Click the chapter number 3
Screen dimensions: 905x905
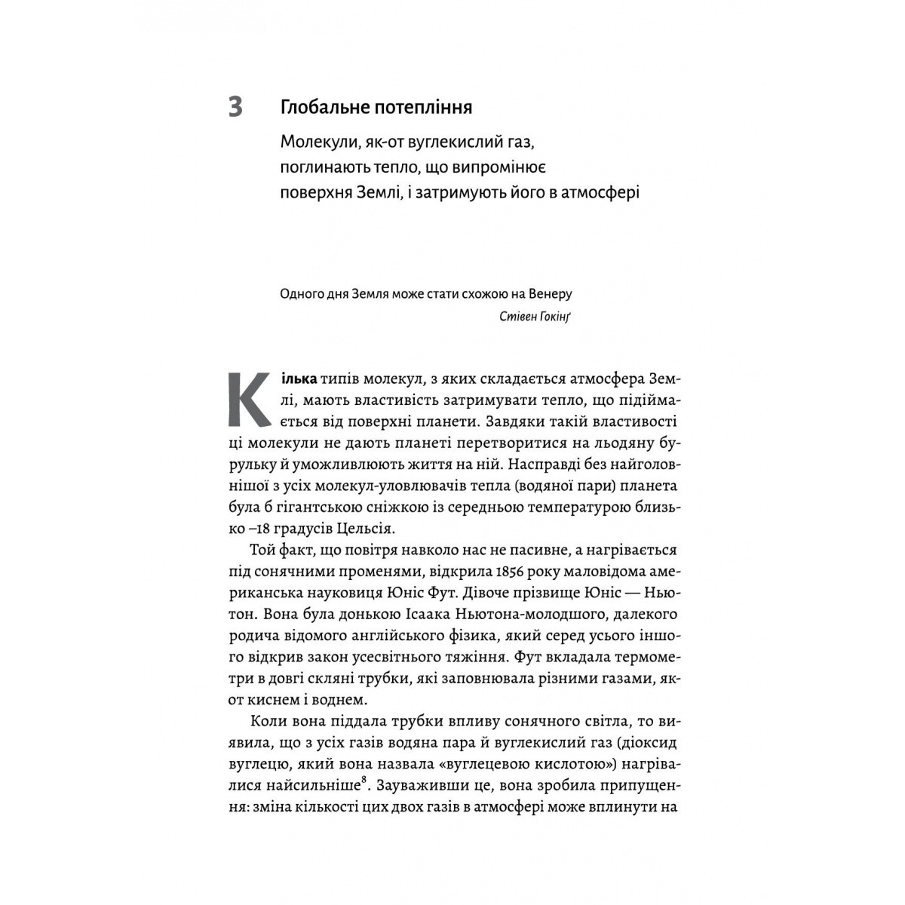[235, 107]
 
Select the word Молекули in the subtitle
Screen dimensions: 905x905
[314, 141]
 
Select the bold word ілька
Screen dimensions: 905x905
[296, 376]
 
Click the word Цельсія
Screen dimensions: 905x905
[357, 525]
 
